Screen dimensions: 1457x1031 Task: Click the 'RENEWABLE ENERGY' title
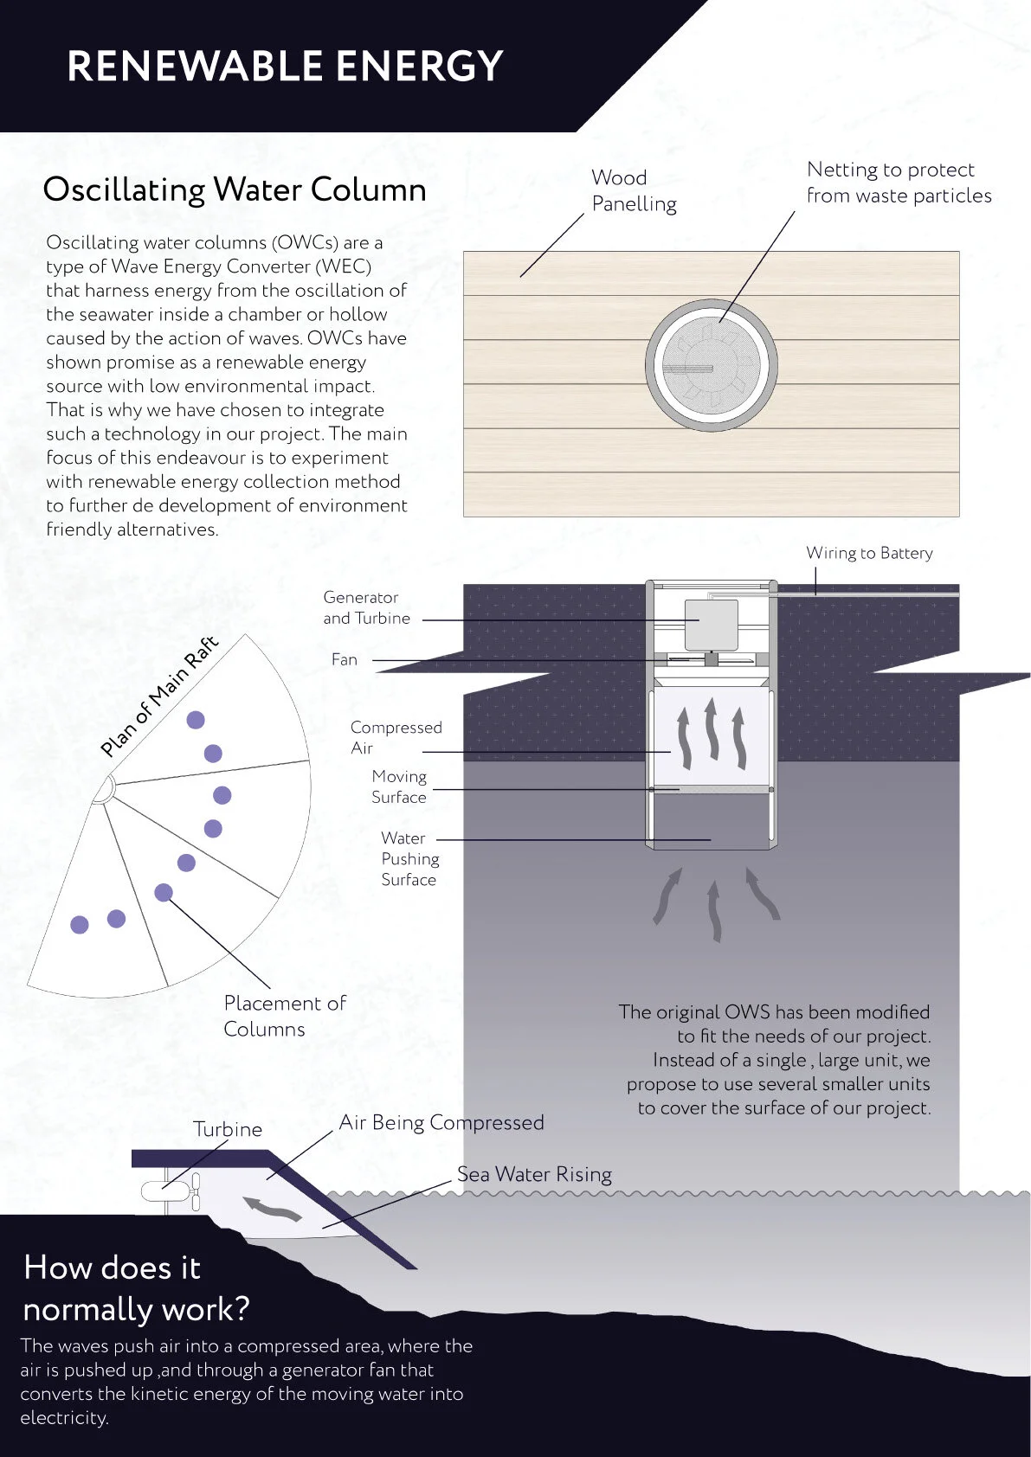pos(285,67)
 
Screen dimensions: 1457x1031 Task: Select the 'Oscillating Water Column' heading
pos(235,189)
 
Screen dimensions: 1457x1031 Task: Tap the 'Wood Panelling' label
pos(634,190)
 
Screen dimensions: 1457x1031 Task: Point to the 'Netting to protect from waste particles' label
pos(899,183)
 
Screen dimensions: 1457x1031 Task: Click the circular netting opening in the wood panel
pos(711,366)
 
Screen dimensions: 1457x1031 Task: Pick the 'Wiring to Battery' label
pos(869,553)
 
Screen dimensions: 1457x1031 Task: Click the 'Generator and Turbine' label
pos(366,607)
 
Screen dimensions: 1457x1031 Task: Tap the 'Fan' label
pos(345,659)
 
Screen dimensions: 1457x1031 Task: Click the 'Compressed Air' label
pos(396,737)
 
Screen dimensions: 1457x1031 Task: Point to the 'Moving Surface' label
pos(399,786)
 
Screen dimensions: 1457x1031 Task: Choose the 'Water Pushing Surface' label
pos(409,858)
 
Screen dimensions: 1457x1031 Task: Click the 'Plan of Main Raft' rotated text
pos(159,696)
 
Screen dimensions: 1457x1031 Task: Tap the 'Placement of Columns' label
pos(284,1016)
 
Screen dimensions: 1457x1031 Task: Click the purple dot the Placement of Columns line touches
pos(164,893)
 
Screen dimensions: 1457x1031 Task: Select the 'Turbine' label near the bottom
pos(227,1129)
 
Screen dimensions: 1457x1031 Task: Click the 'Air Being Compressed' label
pos(441,1122)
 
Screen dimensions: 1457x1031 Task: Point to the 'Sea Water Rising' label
pos(534,1174)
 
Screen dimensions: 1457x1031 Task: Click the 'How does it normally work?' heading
pos(136,1288)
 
